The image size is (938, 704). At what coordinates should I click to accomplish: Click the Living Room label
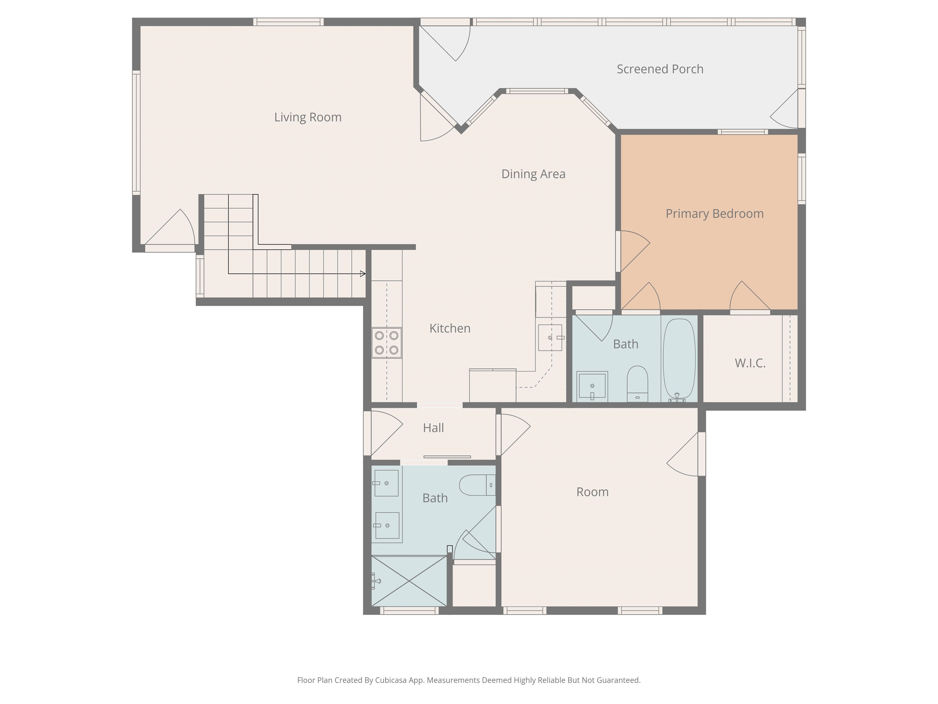pyautogui.click(x=308, y=117)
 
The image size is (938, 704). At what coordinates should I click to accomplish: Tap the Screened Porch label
pyautogui.click(x=660, y=69)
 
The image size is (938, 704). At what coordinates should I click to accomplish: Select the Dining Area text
pyautogui.click(x=533, y=174)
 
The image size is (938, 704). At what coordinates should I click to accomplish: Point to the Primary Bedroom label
pyautogui.click(x=714, y=214)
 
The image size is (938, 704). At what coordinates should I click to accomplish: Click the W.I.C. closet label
pyautogui.click(x=750, y=363)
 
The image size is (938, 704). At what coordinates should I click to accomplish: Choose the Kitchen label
pyautogui.click(x=450, y=328)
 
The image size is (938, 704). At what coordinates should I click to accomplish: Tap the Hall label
pyautogui.click(x=433, y=428)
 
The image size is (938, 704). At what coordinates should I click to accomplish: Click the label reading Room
pyautogui.click(x=592, y=492)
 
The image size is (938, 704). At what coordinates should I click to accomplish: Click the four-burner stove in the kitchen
pyautogui.click(x=387, y=343)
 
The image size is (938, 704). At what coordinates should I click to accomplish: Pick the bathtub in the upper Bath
pyautogui.click(x=679, y=359)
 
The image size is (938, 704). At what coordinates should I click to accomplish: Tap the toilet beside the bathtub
pyautogui.click(x=637, y=383)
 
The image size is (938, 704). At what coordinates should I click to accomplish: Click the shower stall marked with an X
pyautogui.click(x=409, y=581)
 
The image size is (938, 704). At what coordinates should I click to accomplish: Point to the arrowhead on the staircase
pyautogui.click(x=362, y=274)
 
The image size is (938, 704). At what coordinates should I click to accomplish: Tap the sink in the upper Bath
pyautogui.click(x=592, y=386)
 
